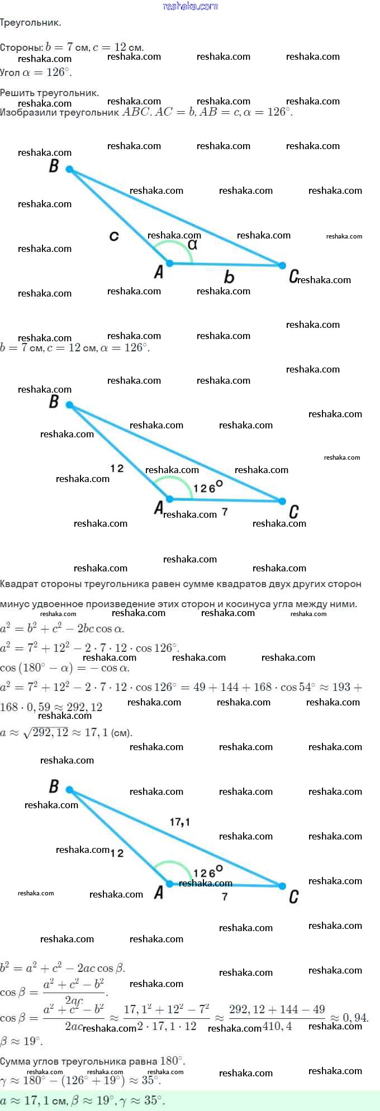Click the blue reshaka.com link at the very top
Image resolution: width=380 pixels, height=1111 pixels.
pyautogui.click(x=190, y=6)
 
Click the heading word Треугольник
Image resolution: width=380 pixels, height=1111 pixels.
pyautogui.click(x=30, y=23)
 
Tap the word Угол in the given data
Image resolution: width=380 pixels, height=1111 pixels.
pyautogui.click(x=10, y=72)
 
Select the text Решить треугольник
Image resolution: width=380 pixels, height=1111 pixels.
pyautogui.click(x=49, y=93)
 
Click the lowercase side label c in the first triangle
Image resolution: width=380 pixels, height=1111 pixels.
pyautogui.click(x=114, y=236)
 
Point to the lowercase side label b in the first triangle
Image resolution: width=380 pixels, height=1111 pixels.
pyautogui.click(x=229, y=276)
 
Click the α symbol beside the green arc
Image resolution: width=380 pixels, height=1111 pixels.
pyautogui.click(x=193, y=245)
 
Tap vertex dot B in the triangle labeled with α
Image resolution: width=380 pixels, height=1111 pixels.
pyautogui.click(x=69, y=169)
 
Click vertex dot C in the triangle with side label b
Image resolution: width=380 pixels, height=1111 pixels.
pyautogui.click(x=282, y=265)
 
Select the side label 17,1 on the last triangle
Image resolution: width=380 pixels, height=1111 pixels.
pyautogui.click(x=179, y=822)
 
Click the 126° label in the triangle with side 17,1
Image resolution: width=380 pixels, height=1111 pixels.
pyautogui.click(x=208, y=872)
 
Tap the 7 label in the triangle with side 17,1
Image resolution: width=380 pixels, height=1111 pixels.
pyautogui.click(x=225, y=897)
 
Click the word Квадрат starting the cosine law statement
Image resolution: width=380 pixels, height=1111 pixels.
pyautogui.click(x=19, y=584)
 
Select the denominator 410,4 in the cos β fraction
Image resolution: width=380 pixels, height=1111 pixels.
pyautogui.click(x=277, y=1026)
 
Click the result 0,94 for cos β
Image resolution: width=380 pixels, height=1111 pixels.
pyautogui.click(x=356, y=1017)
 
